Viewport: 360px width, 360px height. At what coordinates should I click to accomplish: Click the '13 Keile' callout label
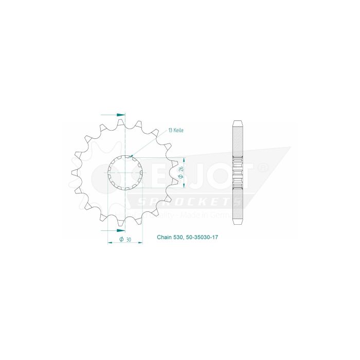(175, 131)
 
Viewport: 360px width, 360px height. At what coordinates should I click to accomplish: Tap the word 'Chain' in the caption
(164, 238)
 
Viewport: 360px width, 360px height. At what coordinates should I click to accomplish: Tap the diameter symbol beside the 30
(121, 240)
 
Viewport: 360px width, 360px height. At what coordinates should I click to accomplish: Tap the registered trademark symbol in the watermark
(261, 168)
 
